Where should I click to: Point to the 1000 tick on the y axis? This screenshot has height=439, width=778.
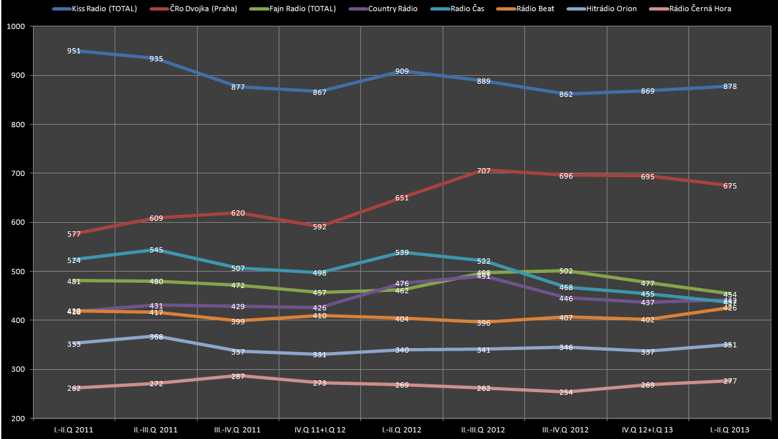click(x=14, y=26)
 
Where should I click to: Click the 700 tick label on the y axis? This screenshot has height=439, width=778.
click(x=16, y=173)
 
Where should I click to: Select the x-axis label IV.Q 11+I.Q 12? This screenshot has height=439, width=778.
click(x=320, y=430)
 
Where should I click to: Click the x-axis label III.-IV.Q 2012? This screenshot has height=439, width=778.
click(x=565, y=430)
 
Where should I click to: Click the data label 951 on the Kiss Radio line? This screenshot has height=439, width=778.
click(x=74, y=51)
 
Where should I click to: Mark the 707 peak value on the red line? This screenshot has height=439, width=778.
click(x=484, y=171)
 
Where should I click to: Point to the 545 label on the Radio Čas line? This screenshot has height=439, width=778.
click(x=156, y=250)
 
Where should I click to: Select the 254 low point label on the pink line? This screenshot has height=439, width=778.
click(x=565, y=392)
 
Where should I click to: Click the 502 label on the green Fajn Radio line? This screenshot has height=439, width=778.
click(x=565, y=271)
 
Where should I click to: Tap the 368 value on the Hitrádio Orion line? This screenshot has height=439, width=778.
click(x=156, y=337)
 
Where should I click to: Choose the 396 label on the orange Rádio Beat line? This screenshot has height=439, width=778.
click(x=484, y=323)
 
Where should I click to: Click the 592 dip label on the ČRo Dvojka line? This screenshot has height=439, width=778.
click(x=320, y=227)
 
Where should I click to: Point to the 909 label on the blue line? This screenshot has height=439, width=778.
click(x=402, y=71)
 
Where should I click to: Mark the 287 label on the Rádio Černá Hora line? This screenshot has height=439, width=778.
click(x=238, y=376)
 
